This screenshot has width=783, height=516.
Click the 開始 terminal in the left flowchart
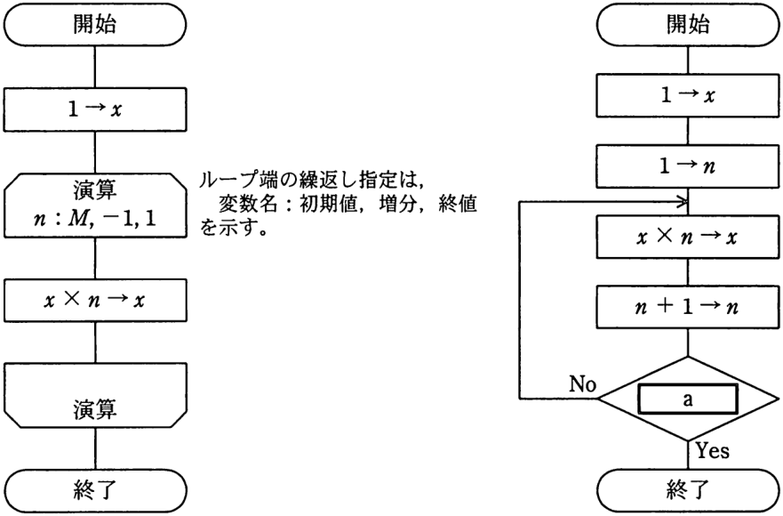point(95,25)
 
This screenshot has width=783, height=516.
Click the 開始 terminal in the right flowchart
point(688,25)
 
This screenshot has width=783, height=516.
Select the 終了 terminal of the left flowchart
point(95,490)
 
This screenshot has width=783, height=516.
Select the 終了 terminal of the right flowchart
point(688,490)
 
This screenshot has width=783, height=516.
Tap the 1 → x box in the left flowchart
point(95,109)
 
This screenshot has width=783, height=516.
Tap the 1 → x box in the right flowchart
point(688,95)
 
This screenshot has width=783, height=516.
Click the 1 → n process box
point(688,166)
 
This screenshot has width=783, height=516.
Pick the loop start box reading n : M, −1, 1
point(95,205)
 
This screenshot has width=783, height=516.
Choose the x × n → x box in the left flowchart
point(95,300)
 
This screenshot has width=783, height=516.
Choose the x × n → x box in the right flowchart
point(688,237)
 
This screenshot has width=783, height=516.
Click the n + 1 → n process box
point(688,307)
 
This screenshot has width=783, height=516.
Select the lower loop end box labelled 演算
point(95,395)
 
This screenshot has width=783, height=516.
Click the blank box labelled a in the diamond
point(688,399)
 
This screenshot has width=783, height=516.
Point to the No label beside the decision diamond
point(583,384)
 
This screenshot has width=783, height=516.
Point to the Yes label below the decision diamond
point(713,451)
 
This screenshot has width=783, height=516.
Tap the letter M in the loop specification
point(78,219)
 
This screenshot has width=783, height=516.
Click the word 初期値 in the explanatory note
point(328,204)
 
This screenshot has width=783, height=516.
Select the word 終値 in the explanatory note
point(457,204)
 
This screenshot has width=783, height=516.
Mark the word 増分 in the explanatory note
point(397,204)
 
